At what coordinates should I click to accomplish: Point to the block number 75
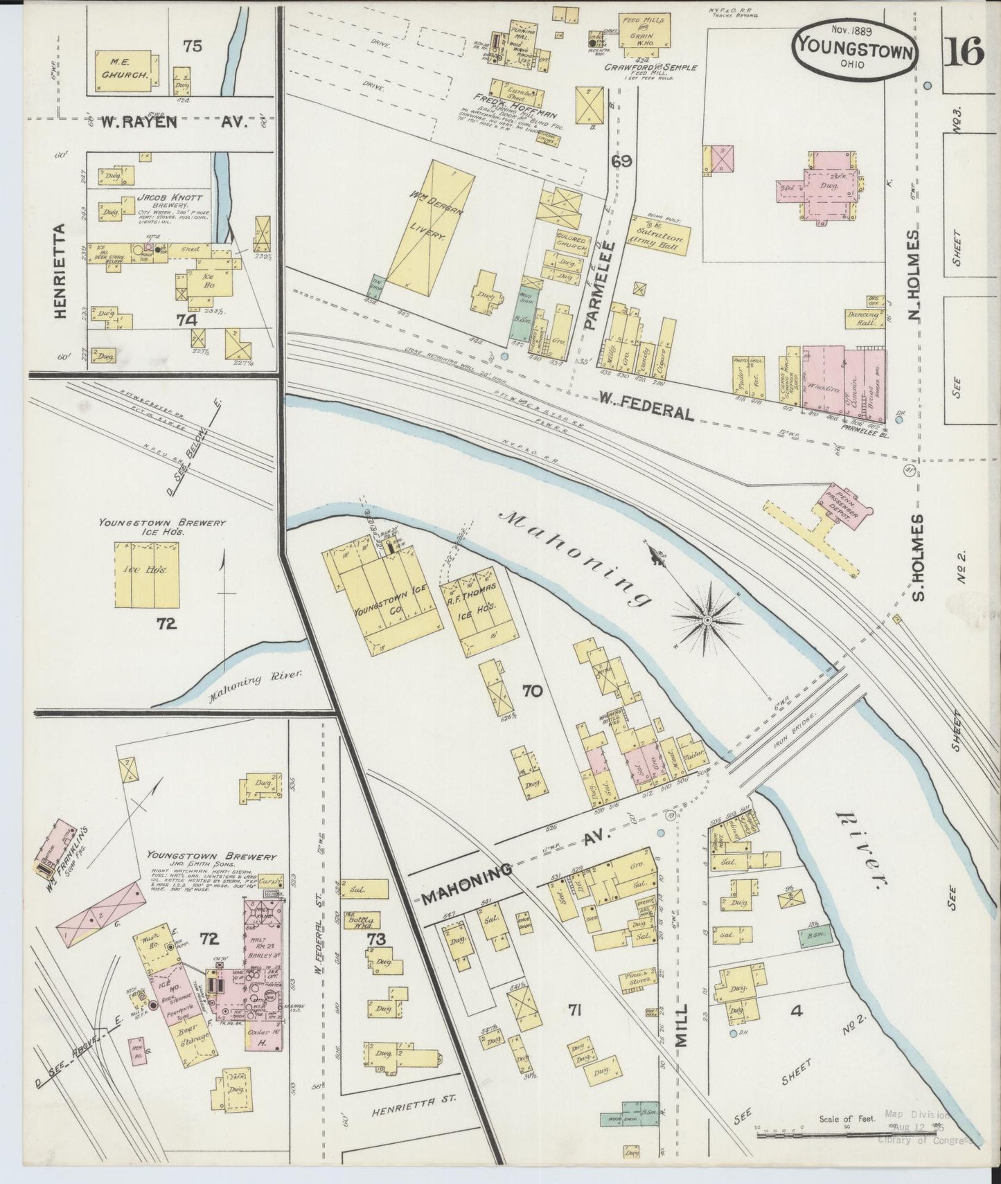tap(193, 46)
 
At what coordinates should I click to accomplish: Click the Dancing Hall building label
tap(863, 318)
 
